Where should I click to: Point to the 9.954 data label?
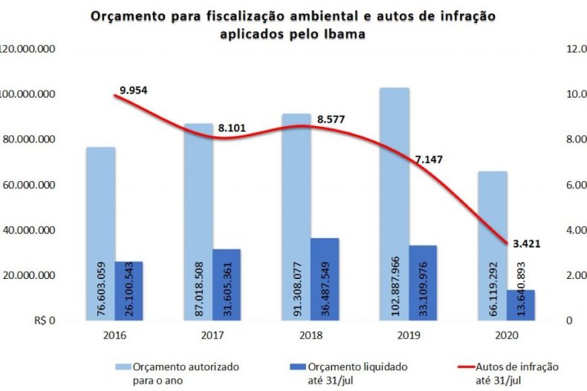tap(134, 90)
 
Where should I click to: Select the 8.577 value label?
tap(331, 119)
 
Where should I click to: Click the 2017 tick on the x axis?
tap(213, 335)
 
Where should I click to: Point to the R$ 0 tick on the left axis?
tap(45, 321)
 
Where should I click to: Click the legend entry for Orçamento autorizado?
tap(178, 372)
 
